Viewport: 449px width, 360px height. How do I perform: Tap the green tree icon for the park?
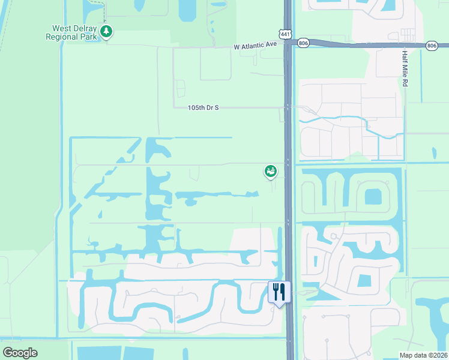point(106,32)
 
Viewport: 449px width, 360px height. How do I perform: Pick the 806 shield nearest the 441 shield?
point(303,43)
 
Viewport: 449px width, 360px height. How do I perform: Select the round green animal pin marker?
point(270,172)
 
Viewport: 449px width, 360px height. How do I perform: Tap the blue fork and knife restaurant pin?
point(279,292)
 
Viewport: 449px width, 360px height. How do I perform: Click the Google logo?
point(20,353)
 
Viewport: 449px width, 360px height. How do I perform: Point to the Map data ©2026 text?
point(423,355)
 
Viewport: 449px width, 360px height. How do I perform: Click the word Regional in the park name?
point(62,37)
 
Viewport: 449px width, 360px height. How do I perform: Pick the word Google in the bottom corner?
point(20,353)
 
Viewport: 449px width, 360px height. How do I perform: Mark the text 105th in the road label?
point(196,107)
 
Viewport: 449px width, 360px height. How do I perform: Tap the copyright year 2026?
point(439,355)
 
